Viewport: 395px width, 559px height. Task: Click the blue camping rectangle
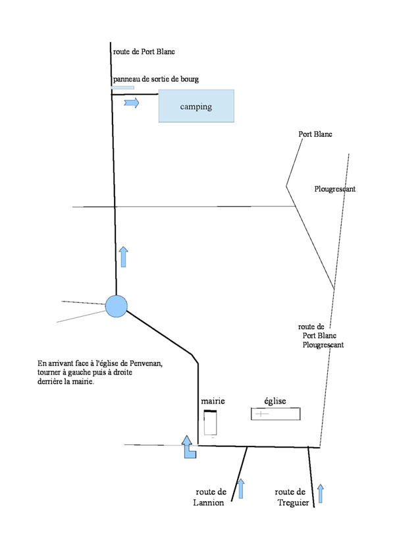pyautogui.click(x=196, y=106)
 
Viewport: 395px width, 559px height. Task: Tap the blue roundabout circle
pyautogui.click(x=117, y=306)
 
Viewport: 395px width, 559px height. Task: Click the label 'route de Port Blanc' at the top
pyautogui.click(x=144, y=51)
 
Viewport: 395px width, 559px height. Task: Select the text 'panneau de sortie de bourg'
pyautogui.click(x=156, y=79)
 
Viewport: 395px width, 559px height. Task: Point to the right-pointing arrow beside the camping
pyautogui.click(x=132, y=103)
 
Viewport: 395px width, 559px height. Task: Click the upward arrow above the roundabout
pyautogui.click(x=123, y=257)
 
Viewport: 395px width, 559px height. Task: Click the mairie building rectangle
pyautogui.click(x=210, y=423)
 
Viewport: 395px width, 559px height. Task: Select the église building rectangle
pyautogui.click(x=276, y=414)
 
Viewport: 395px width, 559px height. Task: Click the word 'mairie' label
pyautogui.click(x=213, y=401)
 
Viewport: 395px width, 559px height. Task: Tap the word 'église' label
pyautogui.click(x=275, y=401)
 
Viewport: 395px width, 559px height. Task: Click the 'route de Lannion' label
pyautogui.click(x=209, y=497)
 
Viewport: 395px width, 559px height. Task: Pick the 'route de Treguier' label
pyautogui.click(x=291, y=497)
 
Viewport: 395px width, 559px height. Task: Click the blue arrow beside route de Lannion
pyautogui.click(x=241, y=489)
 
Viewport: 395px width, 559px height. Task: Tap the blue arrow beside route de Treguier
pyautogui.click(x=321, y=493)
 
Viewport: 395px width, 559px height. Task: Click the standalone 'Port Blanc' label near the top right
pyautogui.click(x=315, y=134)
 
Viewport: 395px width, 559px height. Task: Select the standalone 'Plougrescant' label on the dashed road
pyautogui.click(x=334, y=189)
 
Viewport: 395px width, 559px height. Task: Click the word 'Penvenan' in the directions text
pyautogui.click(x=145, y=363)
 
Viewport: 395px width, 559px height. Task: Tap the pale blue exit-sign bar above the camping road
pyautogui.click(x=123, y=88)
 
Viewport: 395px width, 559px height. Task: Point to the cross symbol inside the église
pyautogui.click(x=261, y=414)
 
